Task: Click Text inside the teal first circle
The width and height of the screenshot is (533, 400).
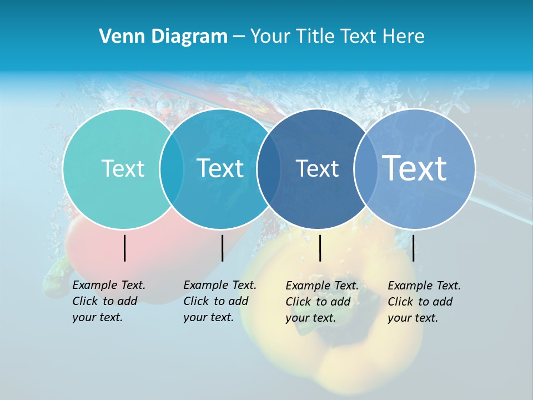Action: tap(123, 168)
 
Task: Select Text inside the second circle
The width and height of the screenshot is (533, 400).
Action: tap(220, 168)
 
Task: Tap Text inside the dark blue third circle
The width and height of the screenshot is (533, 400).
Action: tap(317, 168)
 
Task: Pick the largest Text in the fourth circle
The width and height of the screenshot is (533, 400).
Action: tap(414, 168)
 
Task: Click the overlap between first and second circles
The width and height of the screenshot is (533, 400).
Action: tap(172, 169)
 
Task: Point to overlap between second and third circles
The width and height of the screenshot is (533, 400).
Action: tap(269, 169)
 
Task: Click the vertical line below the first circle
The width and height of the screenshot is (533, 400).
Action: tap(125, 248)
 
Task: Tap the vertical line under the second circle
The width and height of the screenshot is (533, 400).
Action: tap(222, 248)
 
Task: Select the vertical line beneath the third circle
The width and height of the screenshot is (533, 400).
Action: tap(320, 248)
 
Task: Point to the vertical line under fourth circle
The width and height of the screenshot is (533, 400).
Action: tap(413, 248)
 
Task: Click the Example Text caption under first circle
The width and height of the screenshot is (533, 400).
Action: tap(108, 301)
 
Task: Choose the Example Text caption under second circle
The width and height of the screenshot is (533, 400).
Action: tap(219, 301)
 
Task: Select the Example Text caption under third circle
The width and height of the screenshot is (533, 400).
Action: tap(321, 302)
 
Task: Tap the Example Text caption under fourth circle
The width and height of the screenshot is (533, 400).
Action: tap(424, 302)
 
